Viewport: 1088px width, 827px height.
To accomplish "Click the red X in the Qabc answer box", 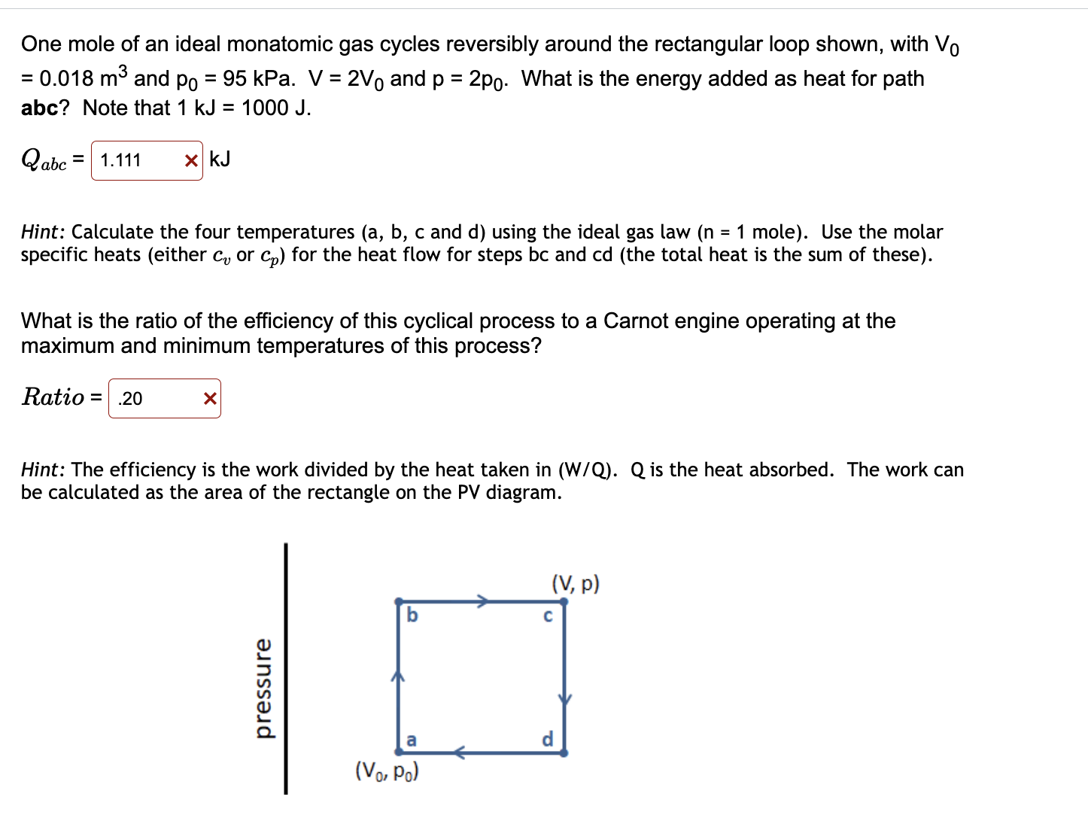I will (x=191, y=160).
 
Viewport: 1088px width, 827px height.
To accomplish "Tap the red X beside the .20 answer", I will (x=210, y=398).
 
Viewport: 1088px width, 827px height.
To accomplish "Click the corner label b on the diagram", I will (x=412, y=615).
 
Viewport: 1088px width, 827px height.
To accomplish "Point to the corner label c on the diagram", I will (x=548, y=616).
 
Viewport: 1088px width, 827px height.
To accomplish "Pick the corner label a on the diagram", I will (x=411, y=740).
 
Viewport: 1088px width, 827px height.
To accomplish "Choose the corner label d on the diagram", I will (x=547, y=739).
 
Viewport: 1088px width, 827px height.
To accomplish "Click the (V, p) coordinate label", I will (x=576, y=584).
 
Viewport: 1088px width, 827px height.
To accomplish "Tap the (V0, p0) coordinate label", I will (x=387, y=771).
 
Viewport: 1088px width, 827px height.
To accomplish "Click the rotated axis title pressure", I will (x=263, y=689).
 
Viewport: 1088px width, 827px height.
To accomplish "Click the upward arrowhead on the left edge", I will (x=398, y=676).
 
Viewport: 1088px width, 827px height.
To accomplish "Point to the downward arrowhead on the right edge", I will (x=564, y=700).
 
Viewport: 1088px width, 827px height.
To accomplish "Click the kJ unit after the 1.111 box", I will (x=220, y=159).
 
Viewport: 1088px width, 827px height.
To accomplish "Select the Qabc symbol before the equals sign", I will (x=44, y=160).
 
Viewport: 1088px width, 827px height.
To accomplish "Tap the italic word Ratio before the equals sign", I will (x=53, y=397).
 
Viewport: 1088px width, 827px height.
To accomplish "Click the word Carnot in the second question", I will (x=636, y=321).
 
